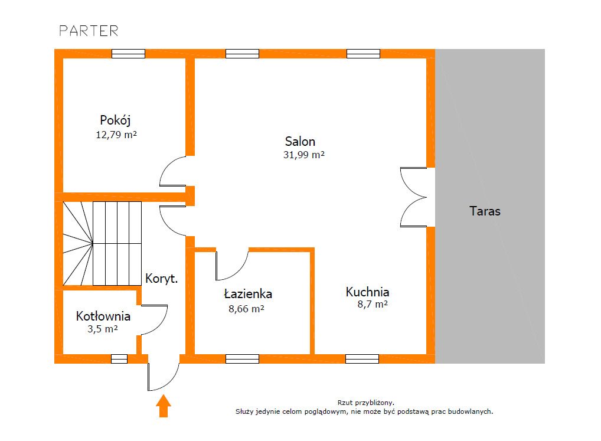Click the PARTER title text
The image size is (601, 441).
(x=89, y=31)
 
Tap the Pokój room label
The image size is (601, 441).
(x=115, y=120)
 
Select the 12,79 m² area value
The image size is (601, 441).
(x=116, y=135)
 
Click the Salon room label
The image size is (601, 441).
(x=300, y=141)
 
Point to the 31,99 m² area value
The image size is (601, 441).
(x=304, y=155)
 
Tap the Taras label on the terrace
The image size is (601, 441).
(x=485, y=211)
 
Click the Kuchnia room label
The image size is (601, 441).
(x=367, y=292)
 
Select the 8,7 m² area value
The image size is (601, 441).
(x=373, y=304)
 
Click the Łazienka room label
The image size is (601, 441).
(x=248, y=294)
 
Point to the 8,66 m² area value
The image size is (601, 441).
(x=246, y=308)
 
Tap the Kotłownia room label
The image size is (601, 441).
(x=103, y=316)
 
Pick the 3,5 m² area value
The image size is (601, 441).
(x=102, y=329)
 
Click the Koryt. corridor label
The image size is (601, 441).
(x=161, y=279)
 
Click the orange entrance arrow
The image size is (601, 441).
(x=164, y=406)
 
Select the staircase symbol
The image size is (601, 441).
(x=102, y=244)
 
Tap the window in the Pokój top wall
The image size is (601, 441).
(x=128, y=54)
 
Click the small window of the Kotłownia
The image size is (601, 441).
(x=119, y=359)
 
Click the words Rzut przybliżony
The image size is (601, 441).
(x=365, y=403)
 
